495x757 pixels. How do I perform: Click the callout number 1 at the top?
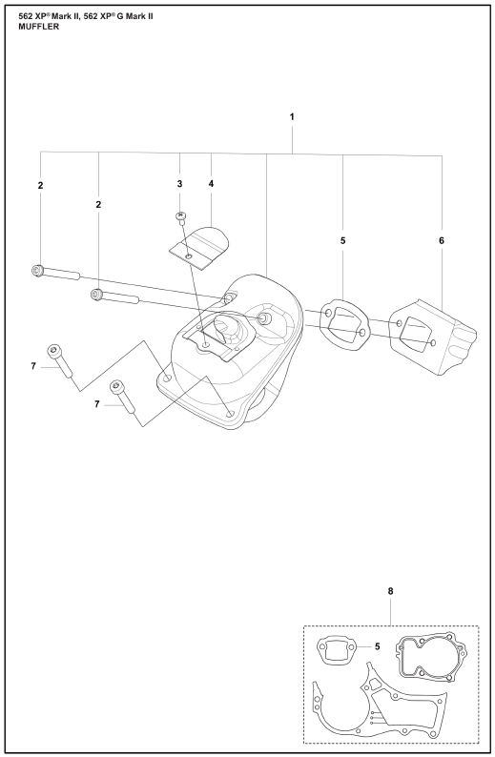tap(292, 117)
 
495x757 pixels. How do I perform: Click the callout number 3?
tap(179, 184)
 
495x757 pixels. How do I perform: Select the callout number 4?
tap(211, 184)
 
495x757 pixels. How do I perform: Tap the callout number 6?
tap(442, 240)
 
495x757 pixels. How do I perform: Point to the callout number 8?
tap(391, 591)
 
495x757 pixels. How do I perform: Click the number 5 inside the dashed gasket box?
tap(377, 646)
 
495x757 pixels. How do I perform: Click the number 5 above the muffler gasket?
tap(343, 240)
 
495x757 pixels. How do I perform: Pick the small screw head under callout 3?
tap(180, 215)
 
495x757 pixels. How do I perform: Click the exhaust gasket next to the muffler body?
tap(346, 323)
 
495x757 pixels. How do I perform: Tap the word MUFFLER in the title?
tap(39, 27)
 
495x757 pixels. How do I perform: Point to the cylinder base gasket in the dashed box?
tap(431, 657)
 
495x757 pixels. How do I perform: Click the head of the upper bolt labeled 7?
tap(53, 351)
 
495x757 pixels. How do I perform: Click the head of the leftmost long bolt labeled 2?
tap(37, 271)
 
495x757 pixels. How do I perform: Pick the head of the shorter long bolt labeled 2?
tap(96, 294)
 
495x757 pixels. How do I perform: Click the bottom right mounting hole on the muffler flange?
tap(231, 414)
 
